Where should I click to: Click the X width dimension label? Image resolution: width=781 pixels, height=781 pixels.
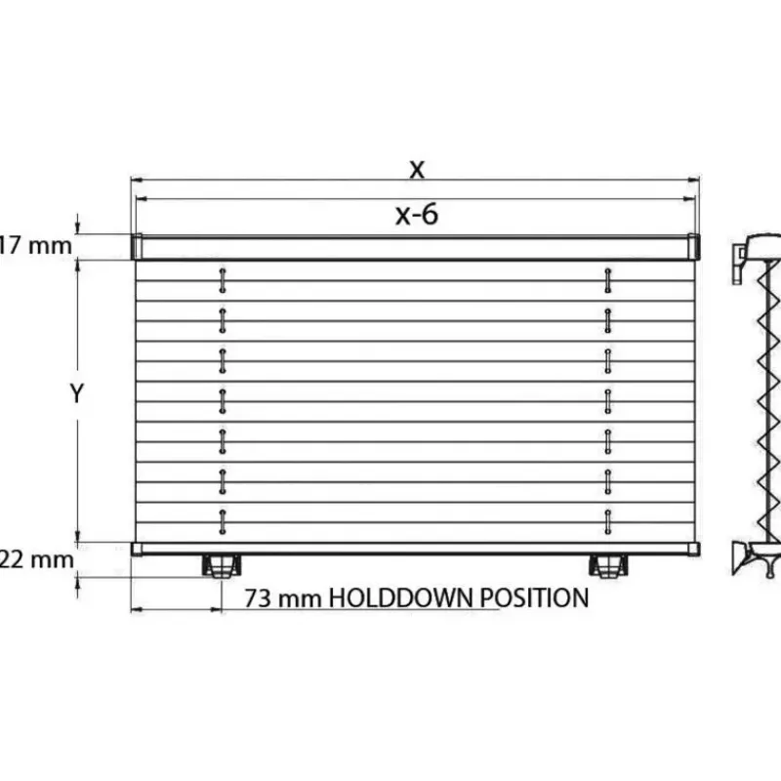[x=417, y=169]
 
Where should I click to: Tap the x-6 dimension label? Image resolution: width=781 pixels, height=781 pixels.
[x=417, y=215]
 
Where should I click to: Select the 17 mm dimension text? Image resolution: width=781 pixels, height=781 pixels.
[x=36, y=246]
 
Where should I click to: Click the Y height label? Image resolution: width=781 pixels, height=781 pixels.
[x=77, y=393]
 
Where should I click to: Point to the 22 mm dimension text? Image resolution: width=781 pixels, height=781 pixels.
[x=37, y=559]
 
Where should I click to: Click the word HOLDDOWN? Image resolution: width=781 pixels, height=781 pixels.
[x=400, y=597]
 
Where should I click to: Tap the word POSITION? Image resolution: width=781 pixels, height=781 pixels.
[x=534, y=597]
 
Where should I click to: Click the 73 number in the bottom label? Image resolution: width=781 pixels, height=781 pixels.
[x=258, y=598]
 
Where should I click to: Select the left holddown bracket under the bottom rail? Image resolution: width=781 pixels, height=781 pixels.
[x=222, y=566]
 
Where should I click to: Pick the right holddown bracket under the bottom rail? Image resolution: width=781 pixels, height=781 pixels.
[x=608, y=566]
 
